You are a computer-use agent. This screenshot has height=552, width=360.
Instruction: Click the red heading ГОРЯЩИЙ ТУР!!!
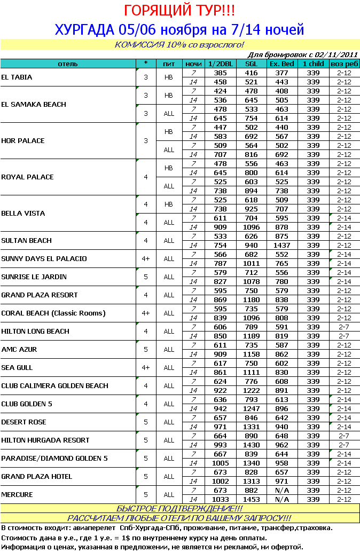(179, 11)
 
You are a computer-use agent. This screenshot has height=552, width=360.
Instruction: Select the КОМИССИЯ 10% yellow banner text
(179, 44)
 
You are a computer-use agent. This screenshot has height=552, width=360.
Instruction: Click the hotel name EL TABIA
(17, 77)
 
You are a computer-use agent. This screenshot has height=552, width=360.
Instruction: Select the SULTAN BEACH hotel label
(27, 241)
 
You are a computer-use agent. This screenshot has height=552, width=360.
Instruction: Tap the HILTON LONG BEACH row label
(35, 332)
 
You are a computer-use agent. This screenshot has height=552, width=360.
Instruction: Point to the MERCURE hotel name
(17, 495)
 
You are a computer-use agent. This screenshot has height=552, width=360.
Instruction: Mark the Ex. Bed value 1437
(281, 245)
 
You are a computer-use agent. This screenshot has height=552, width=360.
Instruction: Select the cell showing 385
(221, 73)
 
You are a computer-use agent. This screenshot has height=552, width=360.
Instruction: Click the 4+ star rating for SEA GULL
(146, 368)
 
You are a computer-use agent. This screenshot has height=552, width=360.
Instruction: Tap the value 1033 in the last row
(221, 499)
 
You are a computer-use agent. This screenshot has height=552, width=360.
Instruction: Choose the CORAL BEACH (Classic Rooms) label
(53, 313)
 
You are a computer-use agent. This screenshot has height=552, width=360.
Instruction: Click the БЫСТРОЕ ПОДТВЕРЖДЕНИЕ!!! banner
(179, 509)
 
